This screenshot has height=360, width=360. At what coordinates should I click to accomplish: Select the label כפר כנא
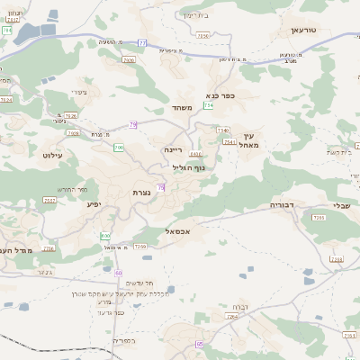pyautogui.click(x=220, y=94)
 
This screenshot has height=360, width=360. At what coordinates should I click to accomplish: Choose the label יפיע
pyautogui.click(x=94, y=204)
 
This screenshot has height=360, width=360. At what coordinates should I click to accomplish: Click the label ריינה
pyautogui.click(x=174, y=148)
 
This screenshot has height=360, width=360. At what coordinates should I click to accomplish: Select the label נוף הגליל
pyautogui.click(x=188, y=166)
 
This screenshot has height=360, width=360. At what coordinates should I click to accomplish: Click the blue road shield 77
pyautogui.click(x=141, y=42)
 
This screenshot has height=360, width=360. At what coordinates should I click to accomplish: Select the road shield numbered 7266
pyautogui.click(x=139, y=245)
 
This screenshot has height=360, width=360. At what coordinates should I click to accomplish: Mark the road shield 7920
pyautogui.click(x=129, y=60)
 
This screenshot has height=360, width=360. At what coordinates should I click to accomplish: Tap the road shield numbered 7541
pyautogui.click(x=229, y=141)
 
